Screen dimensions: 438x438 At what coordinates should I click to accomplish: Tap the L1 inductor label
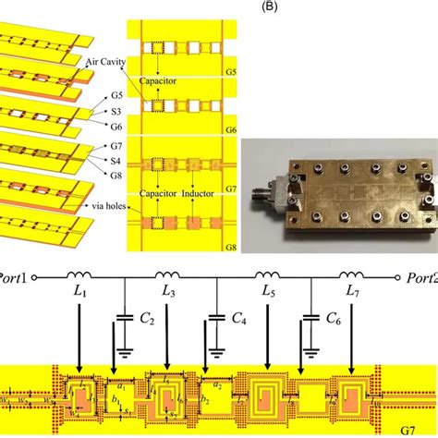pos(80,294)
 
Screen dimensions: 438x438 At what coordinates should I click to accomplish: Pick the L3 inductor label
pos(169,294)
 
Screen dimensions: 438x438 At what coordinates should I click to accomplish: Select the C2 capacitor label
pos(147,320)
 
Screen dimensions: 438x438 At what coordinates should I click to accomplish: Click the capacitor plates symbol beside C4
pos(216,318)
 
